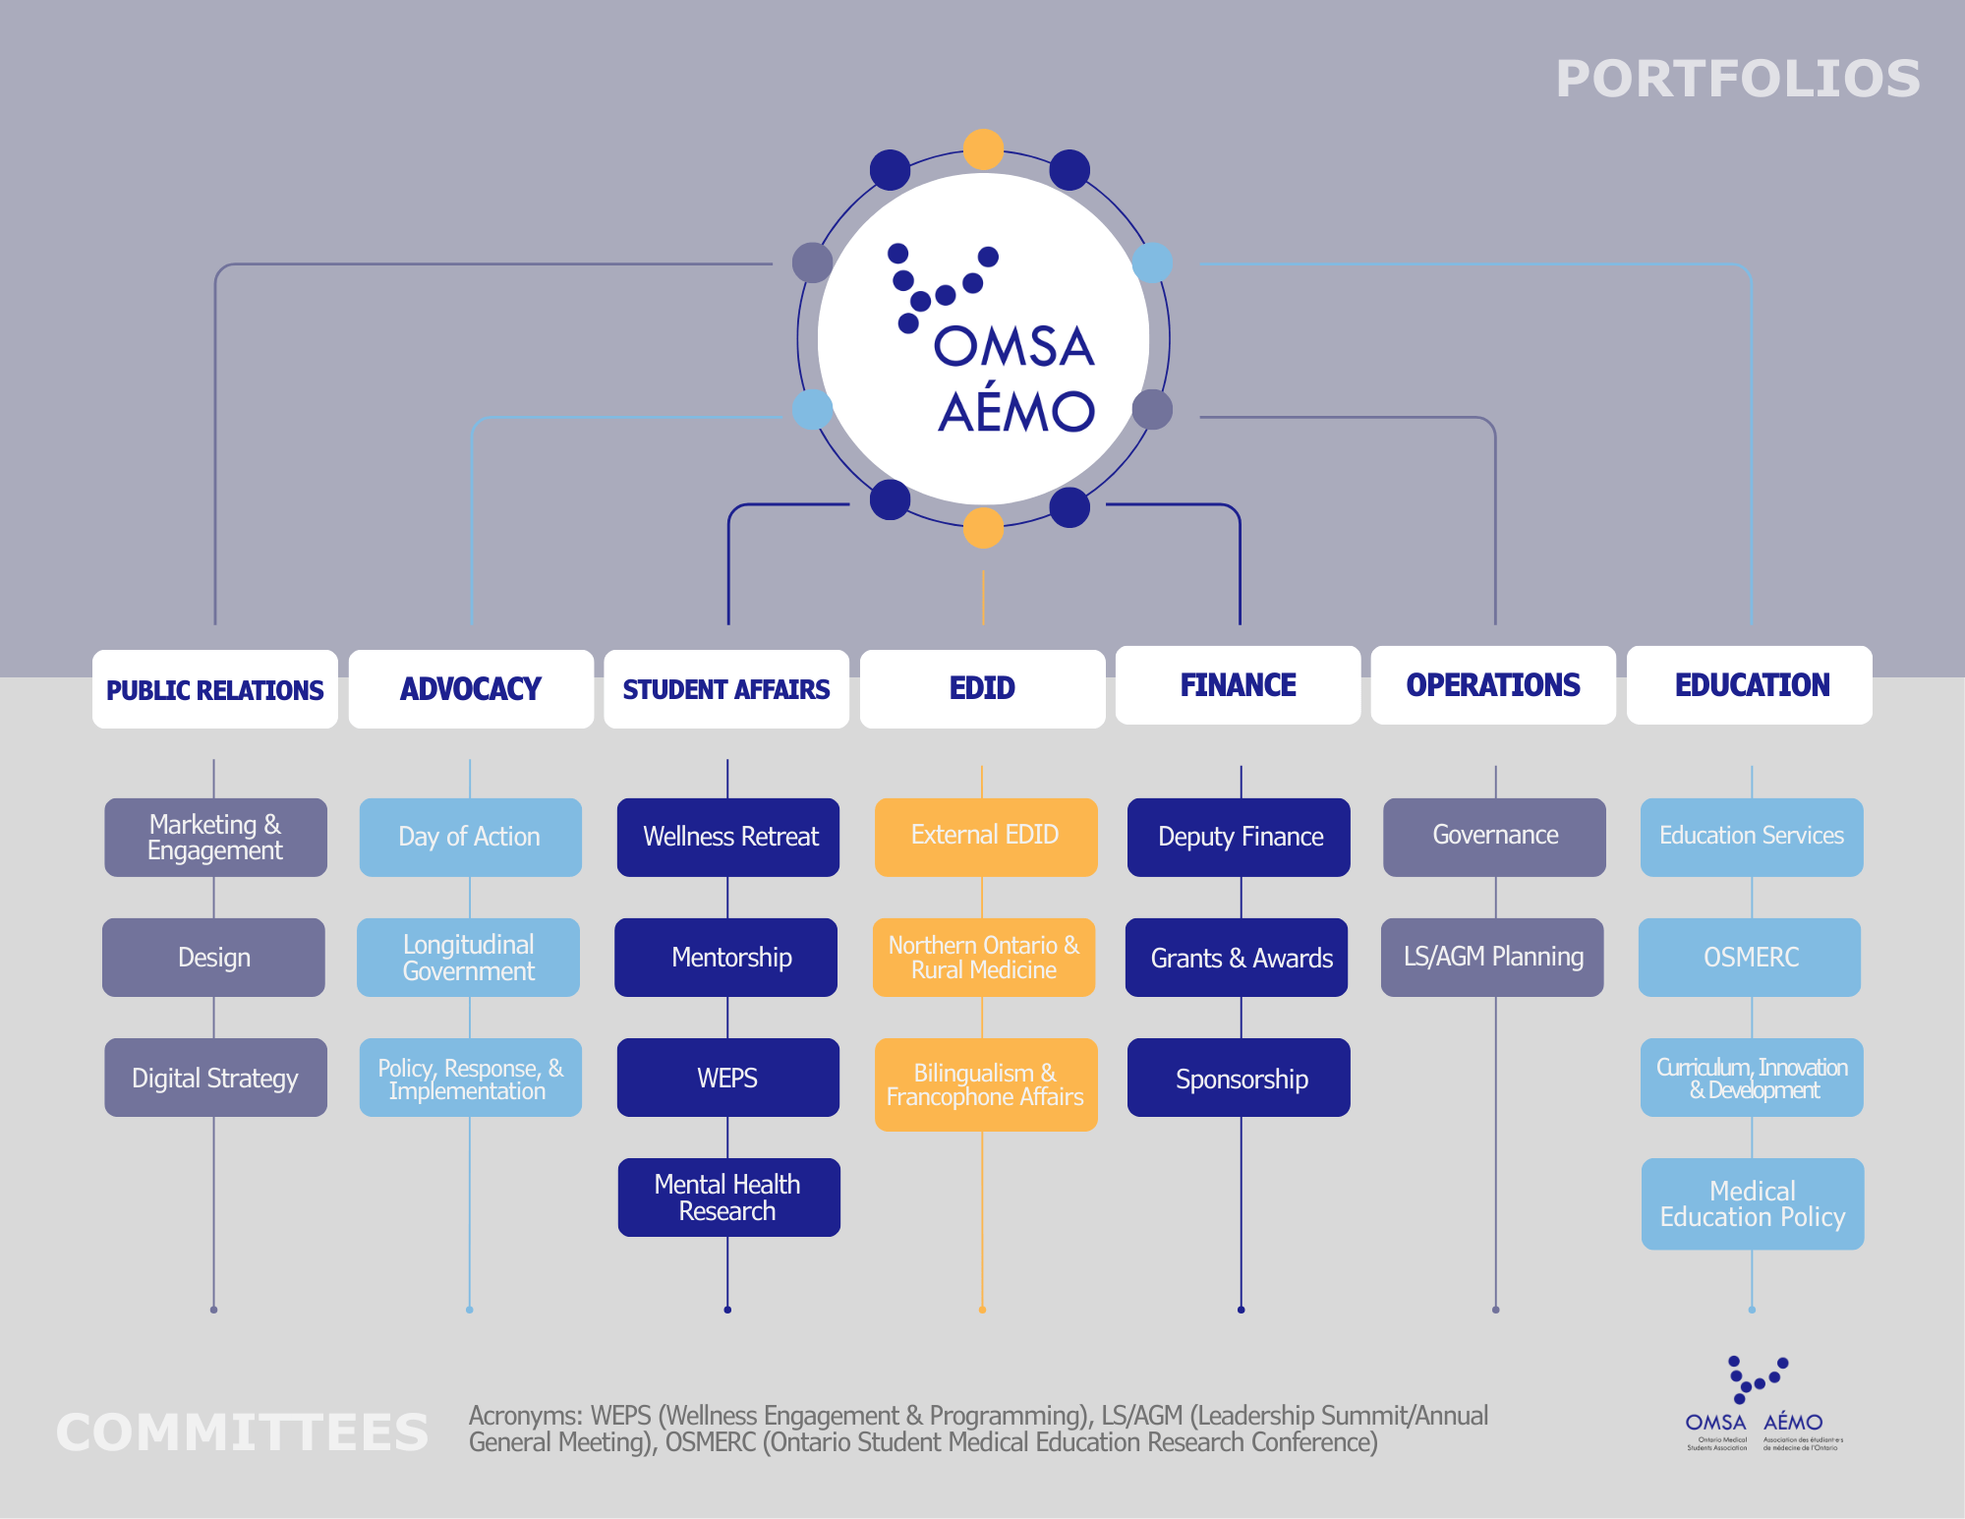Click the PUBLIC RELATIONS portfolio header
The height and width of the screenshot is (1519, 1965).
pos(214,689)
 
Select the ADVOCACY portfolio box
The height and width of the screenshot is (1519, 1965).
pos(471,689)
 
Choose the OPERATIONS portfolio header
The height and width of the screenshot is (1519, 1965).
pos(1493,685)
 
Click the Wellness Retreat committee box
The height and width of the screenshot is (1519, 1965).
pos(728,837)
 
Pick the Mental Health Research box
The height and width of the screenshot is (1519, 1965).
pos(728,1198)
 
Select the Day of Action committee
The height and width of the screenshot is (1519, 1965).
pos(470,837)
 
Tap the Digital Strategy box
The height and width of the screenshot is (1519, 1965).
pos(215,1078)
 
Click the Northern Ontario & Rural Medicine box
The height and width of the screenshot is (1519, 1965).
pos(984,958)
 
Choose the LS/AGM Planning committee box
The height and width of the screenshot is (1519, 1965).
pos(1492,958)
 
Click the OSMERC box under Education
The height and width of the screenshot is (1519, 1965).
pos(1750,958)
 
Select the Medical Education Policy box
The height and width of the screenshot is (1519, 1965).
pos(1753,1204)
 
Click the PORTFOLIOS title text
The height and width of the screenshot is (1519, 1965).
pos(1737,79)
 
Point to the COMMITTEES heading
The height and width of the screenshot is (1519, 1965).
pos(242,1431)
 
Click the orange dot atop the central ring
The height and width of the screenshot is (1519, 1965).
pos(983,149)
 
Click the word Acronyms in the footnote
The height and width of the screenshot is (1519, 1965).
pos(525,1416)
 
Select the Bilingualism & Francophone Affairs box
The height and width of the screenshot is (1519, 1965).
pos(986,1084)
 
